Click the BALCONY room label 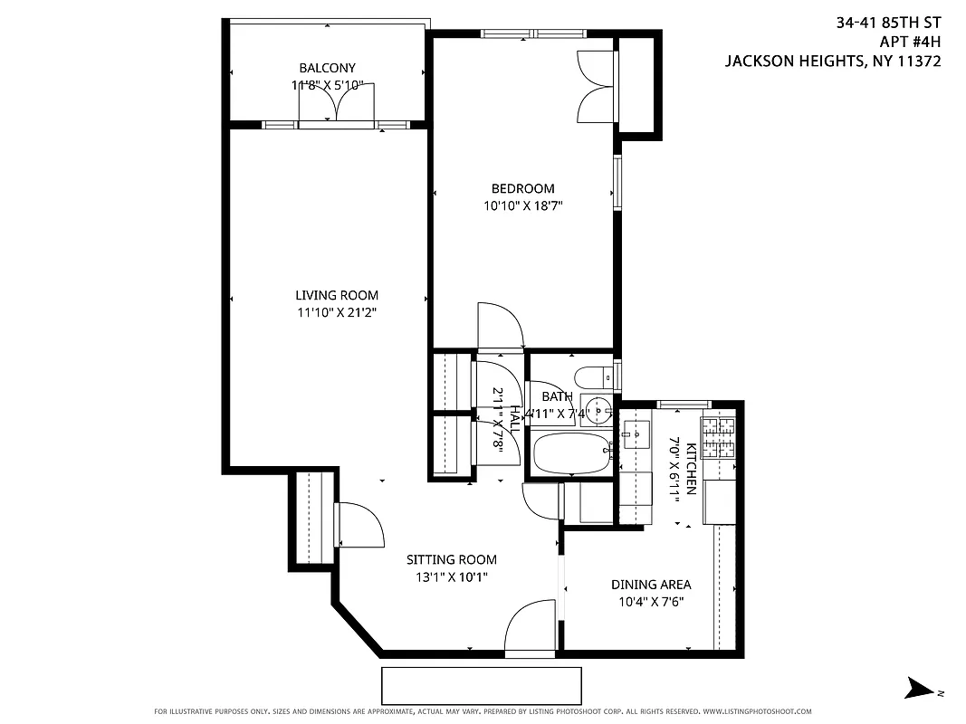pos(327,68)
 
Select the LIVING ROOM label pos(337,295)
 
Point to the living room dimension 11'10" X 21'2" pos(337,312)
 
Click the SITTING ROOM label pos(451,560)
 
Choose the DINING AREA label pos(651,585)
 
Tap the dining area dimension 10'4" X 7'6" pos(651,602)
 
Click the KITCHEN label pos(691,468)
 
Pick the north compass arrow pos(923,688)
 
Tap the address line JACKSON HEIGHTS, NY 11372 pos(833,62)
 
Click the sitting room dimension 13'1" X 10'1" pos(451,577)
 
